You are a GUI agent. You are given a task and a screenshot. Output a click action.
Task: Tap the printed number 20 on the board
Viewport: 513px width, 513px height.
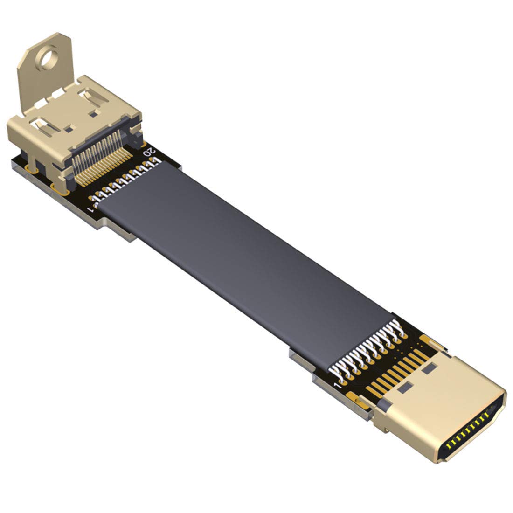coord(150,152)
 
